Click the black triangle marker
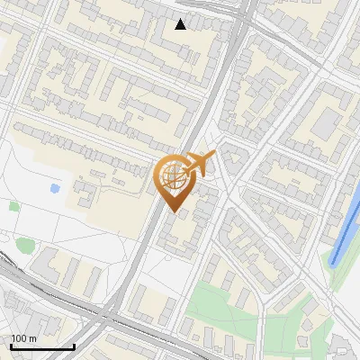181,24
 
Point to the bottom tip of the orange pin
172,211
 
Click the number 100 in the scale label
18,338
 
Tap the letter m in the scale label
31,338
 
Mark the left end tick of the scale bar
10,346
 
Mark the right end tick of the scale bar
74,346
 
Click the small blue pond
56,189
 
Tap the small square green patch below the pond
14,206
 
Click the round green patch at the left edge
23,245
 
